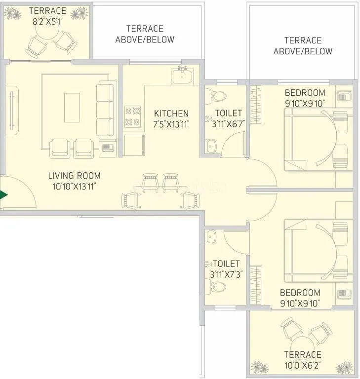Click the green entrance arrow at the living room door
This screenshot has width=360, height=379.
(4, 195)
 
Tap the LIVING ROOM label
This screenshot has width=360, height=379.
(74, 176)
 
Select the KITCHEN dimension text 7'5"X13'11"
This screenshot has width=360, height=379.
(171, 124)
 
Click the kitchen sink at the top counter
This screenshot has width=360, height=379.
(183, 76)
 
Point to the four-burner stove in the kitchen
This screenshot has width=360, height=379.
(132, 116)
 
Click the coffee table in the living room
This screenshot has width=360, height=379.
(72, 107)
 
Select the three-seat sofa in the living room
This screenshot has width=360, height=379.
(105, 110)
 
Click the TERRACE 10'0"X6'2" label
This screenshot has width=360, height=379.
(302, 359)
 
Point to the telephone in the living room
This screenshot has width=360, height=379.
(107, 147)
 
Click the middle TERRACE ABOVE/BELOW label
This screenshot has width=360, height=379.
(145, 34)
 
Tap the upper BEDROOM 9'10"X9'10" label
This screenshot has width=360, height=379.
(305, 98)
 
